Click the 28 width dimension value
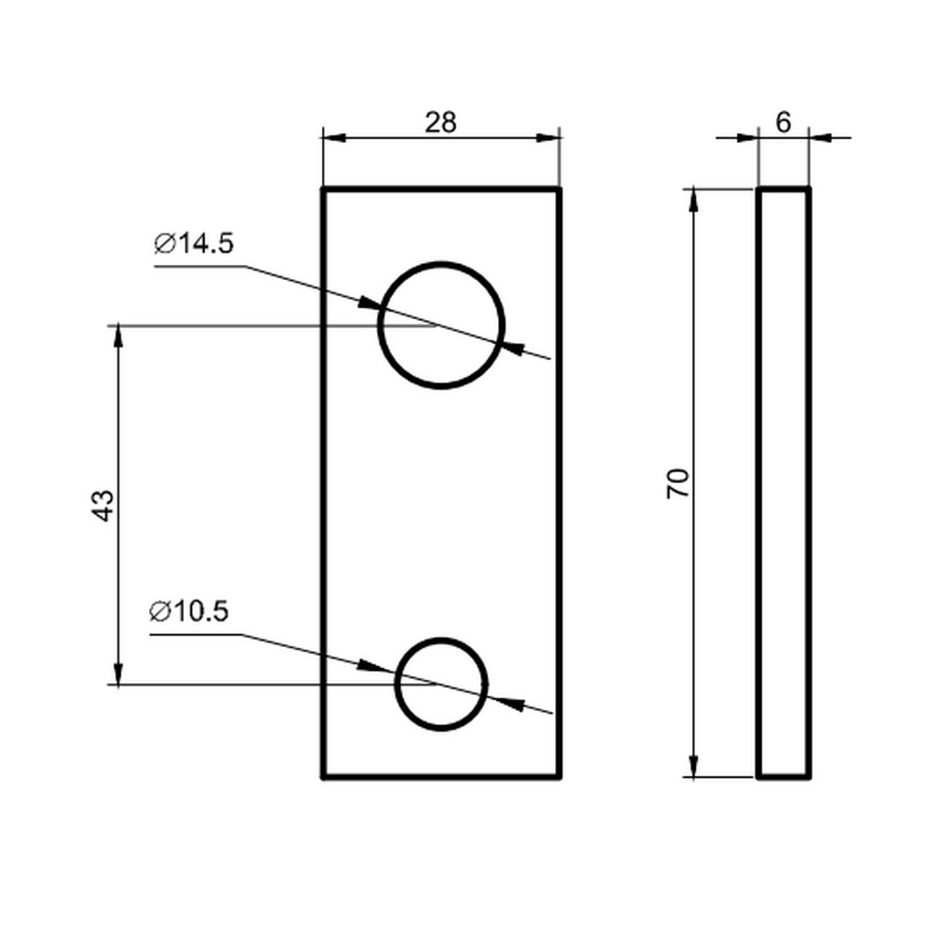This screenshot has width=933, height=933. point(441,122)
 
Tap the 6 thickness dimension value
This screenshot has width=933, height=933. point(784,122)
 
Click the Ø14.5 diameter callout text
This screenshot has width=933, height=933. point(194,244)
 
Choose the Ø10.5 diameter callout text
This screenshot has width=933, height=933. point(189,611)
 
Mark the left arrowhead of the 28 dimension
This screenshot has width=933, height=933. point(334,138)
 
